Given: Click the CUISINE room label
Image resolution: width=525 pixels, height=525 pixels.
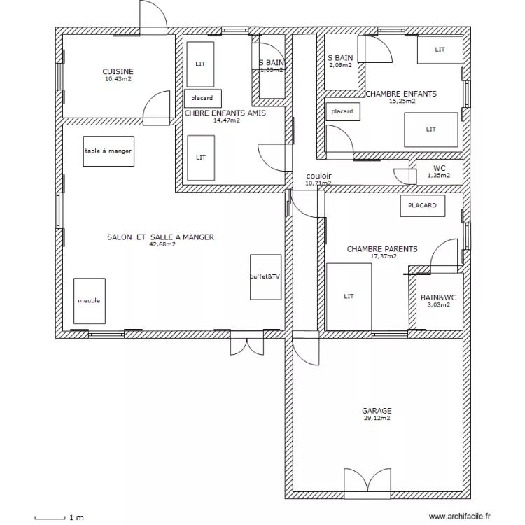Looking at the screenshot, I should pyautogui.click(x=118, y=72).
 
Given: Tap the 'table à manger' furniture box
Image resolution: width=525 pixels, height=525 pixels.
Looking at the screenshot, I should pyautogui.click(x=108, y=151).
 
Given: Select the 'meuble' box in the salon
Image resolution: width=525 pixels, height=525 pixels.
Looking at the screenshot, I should pyautogui.click(x=89, y=301).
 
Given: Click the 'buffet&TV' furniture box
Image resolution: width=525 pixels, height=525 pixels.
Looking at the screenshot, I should pyautogui.click(x=265, y=277).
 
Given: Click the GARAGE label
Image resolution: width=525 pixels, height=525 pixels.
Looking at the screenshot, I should pyautogui.click(x=377, y=411).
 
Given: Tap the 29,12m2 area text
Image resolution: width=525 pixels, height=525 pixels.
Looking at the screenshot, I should pyautogui.click(x=377, y=419).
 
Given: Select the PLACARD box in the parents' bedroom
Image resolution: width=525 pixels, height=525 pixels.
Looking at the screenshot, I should pyautogui.click(x=422, y=206).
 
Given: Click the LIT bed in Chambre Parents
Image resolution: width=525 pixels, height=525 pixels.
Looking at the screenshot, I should pyautogui.click(x=349, y=297).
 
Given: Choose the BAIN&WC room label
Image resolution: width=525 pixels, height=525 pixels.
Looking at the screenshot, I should pyautogui.click(x=438, y=298).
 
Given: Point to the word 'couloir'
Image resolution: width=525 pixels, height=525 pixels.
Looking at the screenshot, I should pyautogui.click(x=318, y=176).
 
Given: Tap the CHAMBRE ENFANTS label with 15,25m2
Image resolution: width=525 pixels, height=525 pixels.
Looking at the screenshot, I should pyautogui.click(x=401, y=94).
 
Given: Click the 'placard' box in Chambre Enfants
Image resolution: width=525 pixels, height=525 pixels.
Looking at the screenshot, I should pyautogui.click(x=342, y=111).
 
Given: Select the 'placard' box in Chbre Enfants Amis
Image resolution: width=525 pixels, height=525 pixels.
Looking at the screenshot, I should pyautogui.click(x=202, y=99).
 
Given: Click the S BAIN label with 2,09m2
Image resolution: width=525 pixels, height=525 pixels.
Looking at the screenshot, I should pyautogui.click(x=340, y=58).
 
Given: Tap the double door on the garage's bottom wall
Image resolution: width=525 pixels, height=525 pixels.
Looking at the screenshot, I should pyautogui.click(x=366, y=484).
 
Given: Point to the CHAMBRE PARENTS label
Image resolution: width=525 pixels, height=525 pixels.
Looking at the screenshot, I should pyautogui.click(x=382, y=249).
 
